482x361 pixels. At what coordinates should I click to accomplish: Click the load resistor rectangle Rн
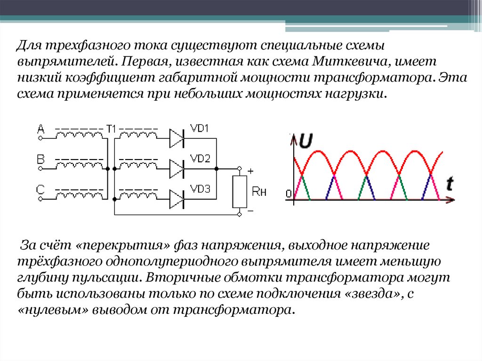click(x=240, y=192)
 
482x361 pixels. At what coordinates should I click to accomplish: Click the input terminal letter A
click(x=41, y=128)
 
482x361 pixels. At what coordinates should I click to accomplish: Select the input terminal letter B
click(x=40, y=160)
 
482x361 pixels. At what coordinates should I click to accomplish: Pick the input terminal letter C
click(x=41, y=189)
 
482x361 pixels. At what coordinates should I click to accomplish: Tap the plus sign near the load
click(x=250, y=171)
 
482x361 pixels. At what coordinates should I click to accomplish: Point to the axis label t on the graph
click(x=450, y=184)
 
